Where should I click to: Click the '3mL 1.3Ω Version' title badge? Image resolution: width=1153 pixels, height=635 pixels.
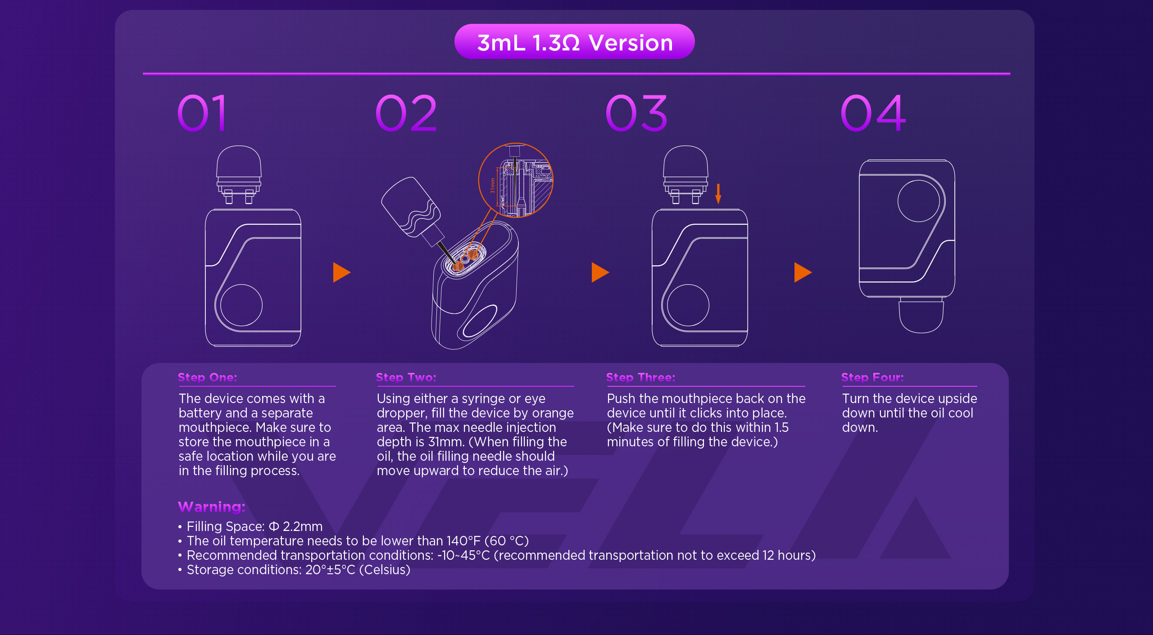click(x=574, y=42)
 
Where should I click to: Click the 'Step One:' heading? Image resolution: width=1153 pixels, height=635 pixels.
click(x=207, y=377)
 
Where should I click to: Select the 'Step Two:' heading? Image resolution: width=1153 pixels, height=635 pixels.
click(x=406, y=377)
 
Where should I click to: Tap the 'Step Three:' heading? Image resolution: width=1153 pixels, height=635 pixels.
click(x=640, y=377)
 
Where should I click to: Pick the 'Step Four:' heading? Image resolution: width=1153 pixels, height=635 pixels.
click(x=872, y=377)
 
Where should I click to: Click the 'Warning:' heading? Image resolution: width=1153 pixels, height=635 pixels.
click(x=212, y=507)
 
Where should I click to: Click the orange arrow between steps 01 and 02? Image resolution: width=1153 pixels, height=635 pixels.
click(x=342, y=272)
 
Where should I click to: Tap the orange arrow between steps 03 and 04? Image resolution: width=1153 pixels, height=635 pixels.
click(x=803, y=272)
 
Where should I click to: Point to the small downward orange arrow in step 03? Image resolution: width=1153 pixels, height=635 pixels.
click(x=718, y=194)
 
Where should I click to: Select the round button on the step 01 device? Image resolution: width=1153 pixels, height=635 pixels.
click(x=241, y=305)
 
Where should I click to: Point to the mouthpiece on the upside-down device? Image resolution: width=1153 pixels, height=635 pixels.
click(x=921, y=315)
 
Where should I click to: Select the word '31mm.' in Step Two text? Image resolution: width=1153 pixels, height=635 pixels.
click(x=446, y=442)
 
